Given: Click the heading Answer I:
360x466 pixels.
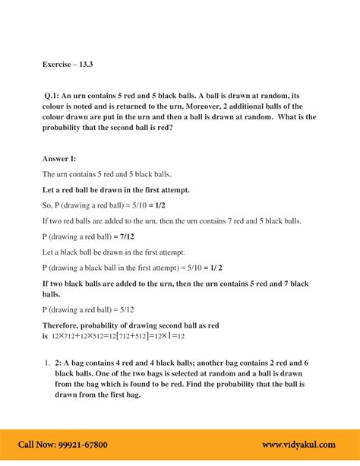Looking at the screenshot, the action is (x=63, y=158).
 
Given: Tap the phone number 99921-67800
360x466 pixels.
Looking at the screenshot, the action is (x=84, y=445).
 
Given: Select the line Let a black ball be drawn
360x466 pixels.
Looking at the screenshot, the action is (x=114, y=252).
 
